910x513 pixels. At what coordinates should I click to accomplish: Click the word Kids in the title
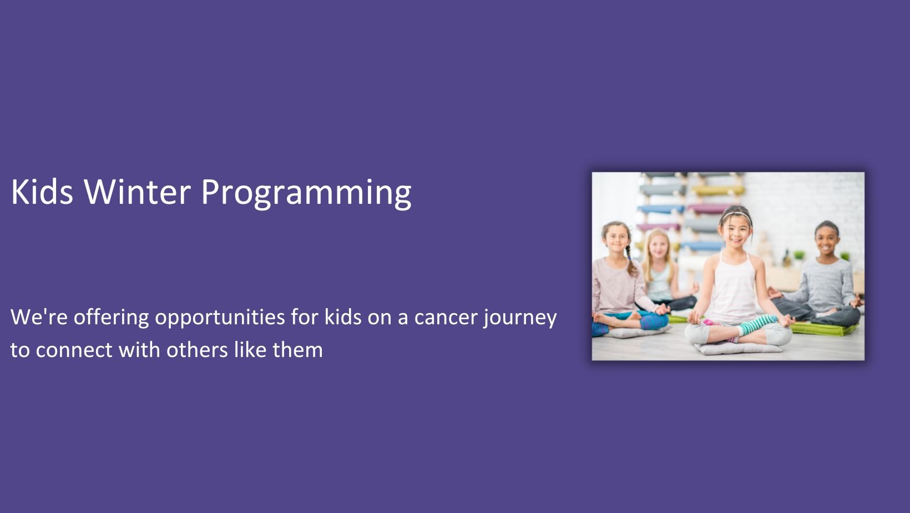[x=42, y=192]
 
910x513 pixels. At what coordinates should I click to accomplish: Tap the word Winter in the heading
[x=137, y=192]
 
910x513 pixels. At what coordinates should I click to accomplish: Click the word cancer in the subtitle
[x=445, y=318]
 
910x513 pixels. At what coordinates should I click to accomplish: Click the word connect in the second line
[x=74, y=350]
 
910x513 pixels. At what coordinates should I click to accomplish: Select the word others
[x=197, y=350]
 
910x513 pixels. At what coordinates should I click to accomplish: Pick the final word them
[x=298, y=350]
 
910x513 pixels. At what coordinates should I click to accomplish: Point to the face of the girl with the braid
[x=616, y=239]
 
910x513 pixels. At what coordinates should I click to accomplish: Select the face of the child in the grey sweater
[x=827, y=240]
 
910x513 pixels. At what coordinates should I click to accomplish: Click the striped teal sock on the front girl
[x=756, y=324]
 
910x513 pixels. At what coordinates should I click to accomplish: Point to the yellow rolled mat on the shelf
[x=718, y=190]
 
